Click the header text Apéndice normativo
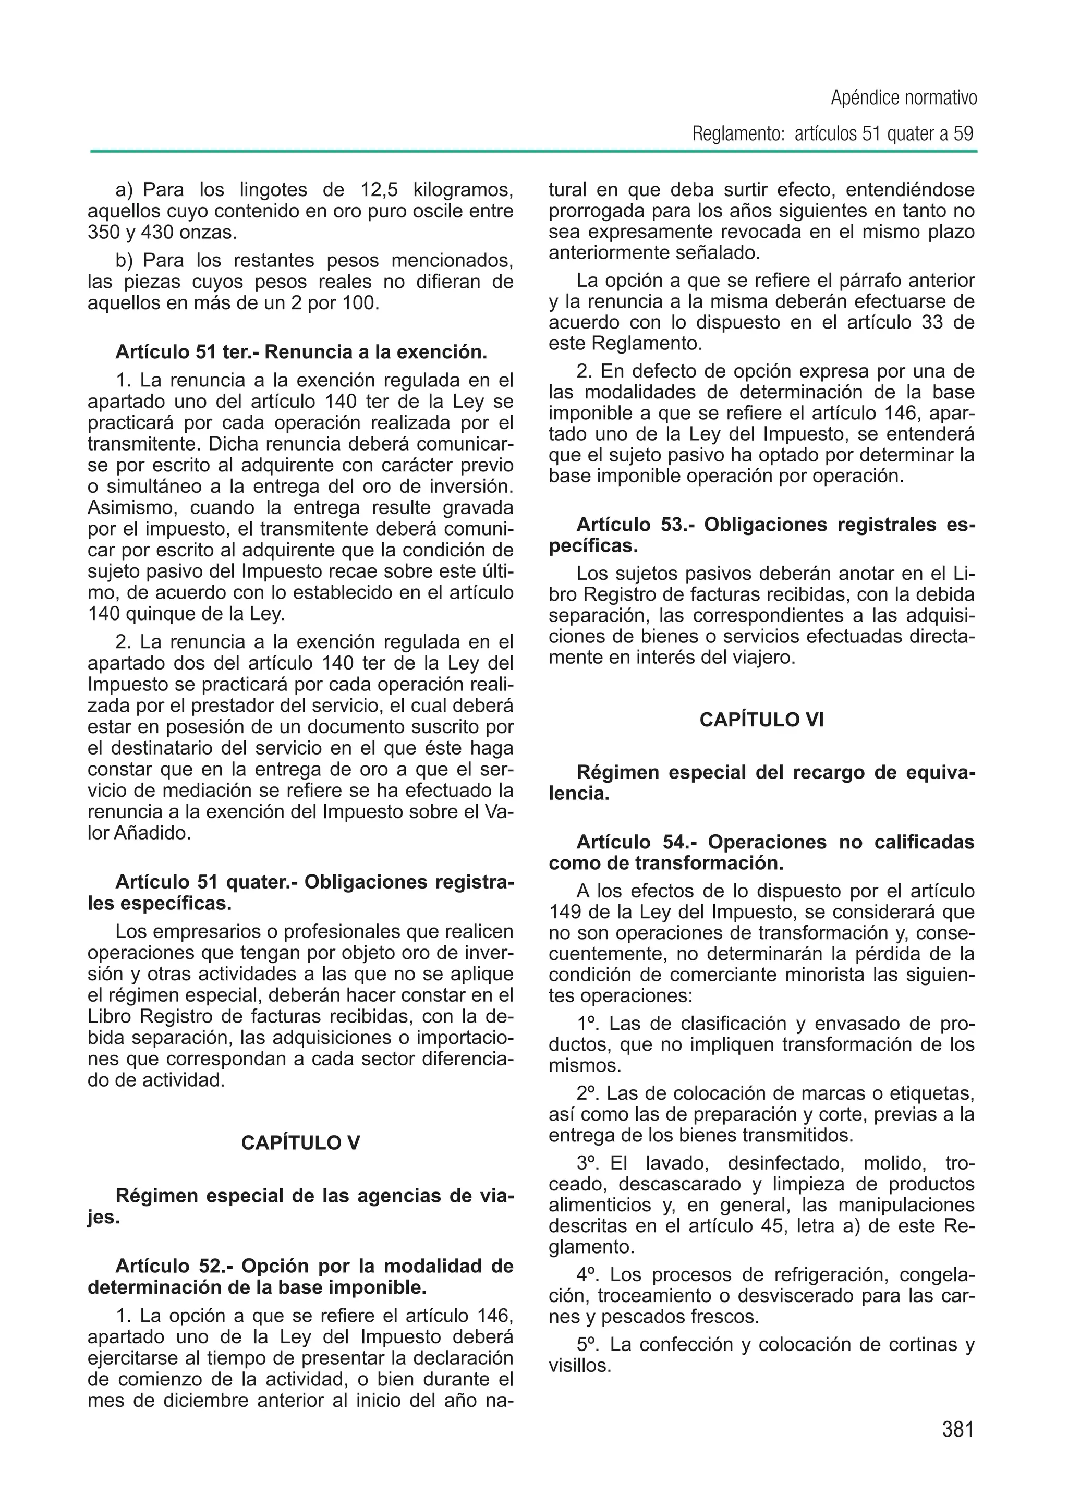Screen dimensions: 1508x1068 pyautogui.click(x=904, y=99)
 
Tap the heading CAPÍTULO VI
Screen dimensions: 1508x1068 pyautogui.click(x=761, y=720)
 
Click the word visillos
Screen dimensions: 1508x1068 pyautogui.click(x=578, y=1366)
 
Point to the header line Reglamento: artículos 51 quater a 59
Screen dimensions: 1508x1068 pyautogui.click(x=833, y=134)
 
